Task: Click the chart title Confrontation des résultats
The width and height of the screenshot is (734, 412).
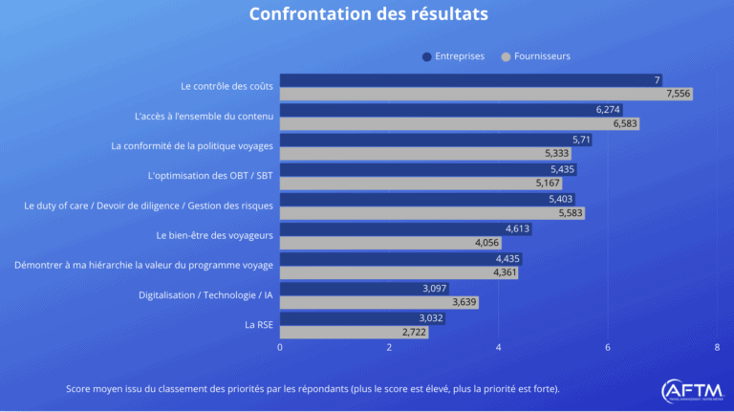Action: pos(368,14)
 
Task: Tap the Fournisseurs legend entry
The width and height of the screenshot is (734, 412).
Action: pos(535,56)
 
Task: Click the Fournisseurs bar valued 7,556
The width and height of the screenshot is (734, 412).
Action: pos(486,94)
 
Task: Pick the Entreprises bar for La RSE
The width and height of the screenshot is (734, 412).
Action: pos(362,318)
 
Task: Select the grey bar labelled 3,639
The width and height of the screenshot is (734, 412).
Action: pos(378,302)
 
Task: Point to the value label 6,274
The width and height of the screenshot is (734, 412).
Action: pos(608,110)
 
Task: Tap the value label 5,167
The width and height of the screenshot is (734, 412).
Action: pos(547,184)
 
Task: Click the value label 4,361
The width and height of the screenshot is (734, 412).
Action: pos(506,273)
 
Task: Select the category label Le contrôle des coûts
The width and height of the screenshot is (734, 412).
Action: pos(227,87)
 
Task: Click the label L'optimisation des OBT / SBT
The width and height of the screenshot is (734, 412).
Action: pos(211,176)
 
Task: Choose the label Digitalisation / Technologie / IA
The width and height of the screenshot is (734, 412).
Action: pos(205,295)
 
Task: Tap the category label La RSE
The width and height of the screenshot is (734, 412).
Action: pos(259,325)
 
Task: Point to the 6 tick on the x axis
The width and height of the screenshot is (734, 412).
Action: pos(608,348)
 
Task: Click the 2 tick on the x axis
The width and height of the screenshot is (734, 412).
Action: pos(389,348)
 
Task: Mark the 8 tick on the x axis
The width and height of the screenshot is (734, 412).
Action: pos(717,348)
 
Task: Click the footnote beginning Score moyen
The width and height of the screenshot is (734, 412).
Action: pos(313,389)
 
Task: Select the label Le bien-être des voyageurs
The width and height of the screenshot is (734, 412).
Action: pos(214,235)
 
